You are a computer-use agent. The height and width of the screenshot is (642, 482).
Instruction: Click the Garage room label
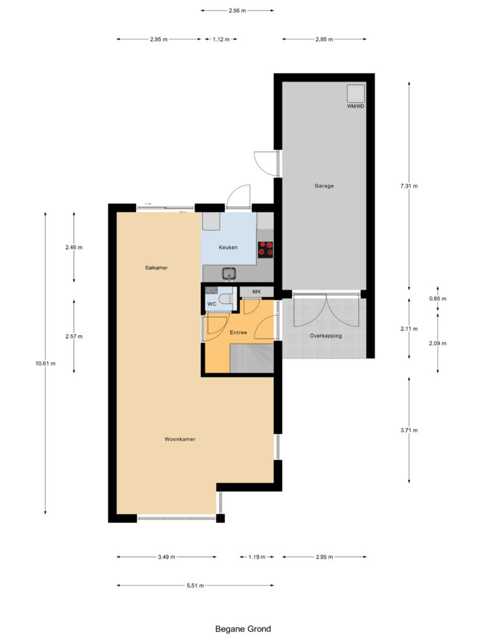(324, 186)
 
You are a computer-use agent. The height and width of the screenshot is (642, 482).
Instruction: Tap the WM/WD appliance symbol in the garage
(356, 94)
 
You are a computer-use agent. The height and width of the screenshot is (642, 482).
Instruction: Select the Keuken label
(228, 248)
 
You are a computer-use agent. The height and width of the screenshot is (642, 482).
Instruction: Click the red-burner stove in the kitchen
(265, 250)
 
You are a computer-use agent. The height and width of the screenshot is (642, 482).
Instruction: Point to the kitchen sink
(228, 273)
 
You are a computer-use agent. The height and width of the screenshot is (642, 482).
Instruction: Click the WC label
(212, 305)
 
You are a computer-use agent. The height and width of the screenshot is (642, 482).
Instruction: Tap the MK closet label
(256, 292)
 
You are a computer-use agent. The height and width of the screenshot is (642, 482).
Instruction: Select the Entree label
(238, 332)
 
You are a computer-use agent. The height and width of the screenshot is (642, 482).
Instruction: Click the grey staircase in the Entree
(252, 360)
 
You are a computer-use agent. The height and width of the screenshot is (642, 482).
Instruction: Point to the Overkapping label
(326, 336)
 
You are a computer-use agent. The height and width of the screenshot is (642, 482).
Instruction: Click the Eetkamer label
(156, 268)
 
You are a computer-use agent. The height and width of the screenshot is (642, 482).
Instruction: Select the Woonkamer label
(180, 439)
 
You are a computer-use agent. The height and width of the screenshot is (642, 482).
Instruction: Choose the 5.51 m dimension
(195, 586)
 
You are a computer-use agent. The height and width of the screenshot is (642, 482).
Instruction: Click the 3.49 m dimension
(166, 557)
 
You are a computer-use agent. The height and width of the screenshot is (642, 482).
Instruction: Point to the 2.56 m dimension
(237, 11)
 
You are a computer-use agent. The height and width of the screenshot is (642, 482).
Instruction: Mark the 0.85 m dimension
(437, 298)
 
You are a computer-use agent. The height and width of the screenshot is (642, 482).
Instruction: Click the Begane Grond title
(243, 628)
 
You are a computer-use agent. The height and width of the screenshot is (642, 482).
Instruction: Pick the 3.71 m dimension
(409, 430)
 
